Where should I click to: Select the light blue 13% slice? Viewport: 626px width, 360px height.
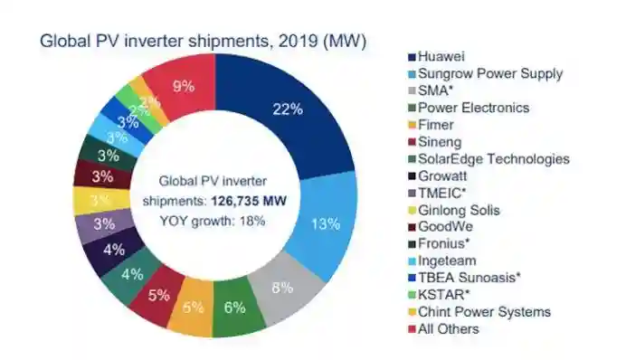pos(326,223)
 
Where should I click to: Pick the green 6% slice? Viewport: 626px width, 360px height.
pos(235,308)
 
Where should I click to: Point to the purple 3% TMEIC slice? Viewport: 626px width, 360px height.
pos(104,224)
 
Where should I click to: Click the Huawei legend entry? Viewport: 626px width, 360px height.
pos(436,56)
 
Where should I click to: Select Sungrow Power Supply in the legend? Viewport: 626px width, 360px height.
pos(485,73)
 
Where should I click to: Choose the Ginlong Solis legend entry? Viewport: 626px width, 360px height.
pos(454,210)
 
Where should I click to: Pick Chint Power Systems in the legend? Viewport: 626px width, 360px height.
pos(479,312)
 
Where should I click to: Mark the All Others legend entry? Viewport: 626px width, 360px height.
pos(443,329)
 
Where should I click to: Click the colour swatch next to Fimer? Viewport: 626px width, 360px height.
pos(412,126)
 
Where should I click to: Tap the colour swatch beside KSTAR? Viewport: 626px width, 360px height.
pos(412,296)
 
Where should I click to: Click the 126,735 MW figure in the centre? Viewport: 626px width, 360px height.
pos(249,201)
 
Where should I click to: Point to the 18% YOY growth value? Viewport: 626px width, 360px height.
pos(252,221)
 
